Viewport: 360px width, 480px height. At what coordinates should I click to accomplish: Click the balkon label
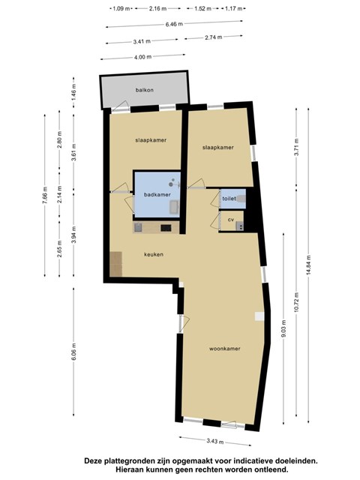(145, 90)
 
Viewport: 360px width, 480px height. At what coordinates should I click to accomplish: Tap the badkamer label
(157, 195)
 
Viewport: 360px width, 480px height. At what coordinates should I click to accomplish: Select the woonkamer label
(225, 349)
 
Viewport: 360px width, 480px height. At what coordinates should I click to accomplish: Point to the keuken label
(154, 254)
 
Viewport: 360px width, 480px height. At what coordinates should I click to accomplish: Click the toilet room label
(229, 199)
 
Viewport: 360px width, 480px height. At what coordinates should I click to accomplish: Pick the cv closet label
(231, 220)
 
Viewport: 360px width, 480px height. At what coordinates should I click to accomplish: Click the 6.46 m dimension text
(174, 24)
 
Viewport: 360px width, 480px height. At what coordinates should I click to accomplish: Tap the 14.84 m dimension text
(308, 265)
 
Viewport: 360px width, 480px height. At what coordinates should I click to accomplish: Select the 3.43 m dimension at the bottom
(215, 441)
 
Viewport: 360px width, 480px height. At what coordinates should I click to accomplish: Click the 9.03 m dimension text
(283, 328)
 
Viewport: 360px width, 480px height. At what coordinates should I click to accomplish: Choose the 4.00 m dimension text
(142, 57)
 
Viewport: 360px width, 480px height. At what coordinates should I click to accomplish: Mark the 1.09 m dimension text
(121, 8)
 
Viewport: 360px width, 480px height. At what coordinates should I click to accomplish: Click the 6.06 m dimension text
(73, 352)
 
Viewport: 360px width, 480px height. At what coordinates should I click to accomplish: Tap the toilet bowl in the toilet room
(241, 199)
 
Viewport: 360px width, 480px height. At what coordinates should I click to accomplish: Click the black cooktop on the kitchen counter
(166, 228)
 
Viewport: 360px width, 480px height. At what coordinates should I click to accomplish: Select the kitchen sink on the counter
(138, 227)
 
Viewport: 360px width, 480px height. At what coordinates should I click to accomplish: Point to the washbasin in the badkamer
(175, 207)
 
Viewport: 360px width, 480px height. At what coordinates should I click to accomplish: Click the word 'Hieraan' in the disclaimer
(127, 469)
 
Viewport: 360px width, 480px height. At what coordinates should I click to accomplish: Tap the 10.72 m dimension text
(296, 302)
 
